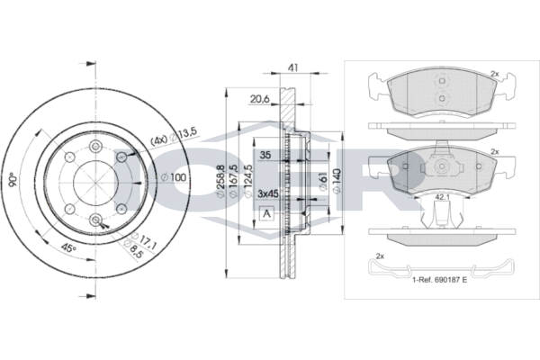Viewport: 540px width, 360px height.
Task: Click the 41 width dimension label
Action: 292,67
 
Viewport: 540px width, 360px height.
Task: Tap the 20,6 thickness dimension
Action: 260,100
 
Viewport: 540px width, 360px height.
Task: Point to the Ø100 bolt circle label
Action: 174,178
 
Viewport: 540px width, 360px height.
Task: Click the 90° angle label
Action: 13,179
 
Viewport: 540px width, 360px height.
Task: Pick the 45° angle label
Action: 68,247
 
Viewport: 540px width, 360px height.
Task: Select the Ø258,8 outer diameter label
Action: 220,182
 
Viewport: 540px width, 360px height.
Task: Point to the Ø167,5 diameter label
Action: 233,182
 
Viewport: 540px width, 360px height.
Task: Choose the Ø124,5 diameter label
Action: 247,182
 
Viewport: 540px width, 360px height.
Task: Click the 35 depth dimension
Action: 265,155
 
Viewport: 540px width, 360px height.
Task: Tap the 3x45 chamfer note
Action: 268,194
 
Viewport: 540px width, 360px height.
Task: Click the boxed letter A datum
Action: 266,214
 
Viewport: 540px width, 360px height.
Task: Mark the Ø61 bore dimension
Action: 323,182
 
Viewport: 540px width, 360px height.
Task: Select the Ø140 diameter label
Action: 337,181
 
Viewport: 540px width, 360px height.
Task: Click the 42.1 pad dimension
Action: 442,197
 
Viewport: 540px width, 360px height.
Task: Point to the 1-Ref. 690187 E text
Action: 440,280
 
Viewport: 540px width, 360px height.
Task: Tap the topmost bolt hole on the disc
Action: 95,147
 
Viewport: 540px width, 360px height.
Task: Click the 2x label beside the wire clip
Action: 380,256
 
